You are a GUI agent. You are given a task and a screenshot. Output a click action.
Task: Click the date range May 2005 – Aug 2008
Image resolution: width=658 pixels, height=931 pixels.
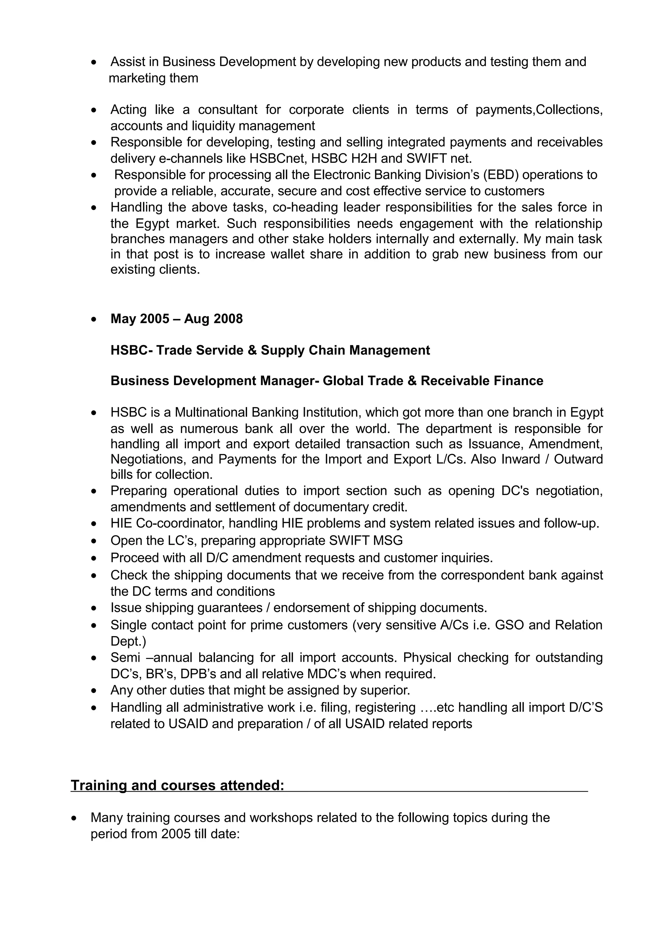[x=176, y=319]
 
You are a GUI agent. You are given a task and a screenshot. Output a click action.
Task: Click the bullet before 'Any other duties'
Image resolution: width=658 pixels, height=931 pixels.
[x=94, y=690]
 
